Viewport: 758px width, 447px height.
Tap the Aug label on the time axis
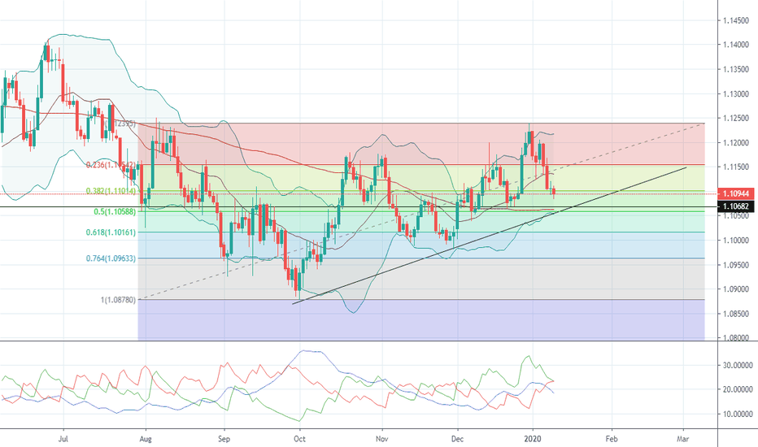(x=145, y=436)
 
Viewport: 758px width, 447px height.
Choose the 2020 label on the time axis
(x=534, y=436)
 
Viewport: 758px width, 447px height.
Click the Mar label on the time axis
(x=684, y=436)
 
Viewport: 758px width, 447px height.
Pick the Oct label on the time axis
(x=299, y=436)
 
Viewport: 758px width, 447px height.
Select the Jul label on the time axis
(x=63, y=436)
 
